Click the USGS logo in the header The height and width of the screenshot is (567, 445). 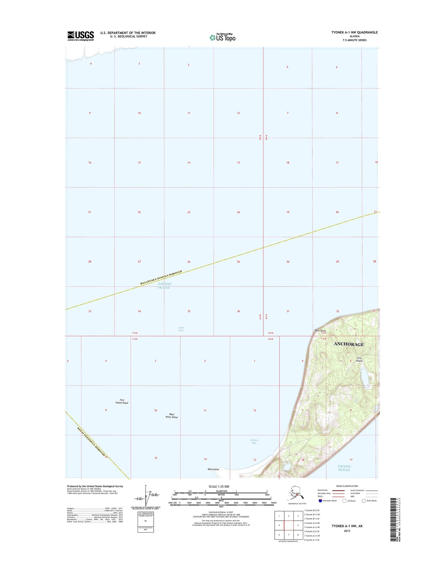click(80, 36)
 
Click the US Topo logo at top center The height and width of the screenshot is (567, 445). click(223, 37)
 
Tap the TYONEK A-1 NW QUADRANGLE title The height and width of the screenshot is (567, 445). click(355, 32)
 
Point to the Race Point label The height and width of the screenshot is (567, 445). click(320, 331)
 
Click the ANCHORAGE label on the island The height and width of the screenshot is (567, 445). click(349, 344)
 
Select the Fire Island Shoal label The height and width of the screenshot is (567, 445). click(122, 402)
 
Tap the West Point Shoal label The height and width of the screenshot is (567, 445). click(171, 416)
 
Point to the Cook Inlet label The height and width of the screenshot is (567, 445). click(181, 329)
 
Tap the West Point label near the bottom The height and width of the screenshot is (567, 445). click(213, 469)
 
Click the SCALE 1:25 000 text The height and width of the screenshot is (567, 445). click(219, 487)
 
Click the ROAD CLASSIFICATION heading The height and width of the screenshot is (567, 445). click(347, 486)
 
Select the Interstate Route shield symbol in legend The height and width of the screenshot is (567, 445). click(320, 501)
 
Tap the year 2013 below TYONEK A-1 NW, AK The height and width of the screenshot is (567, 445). click(347, 531)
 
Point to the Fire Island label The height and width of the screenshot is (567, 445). click(360, 359)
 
